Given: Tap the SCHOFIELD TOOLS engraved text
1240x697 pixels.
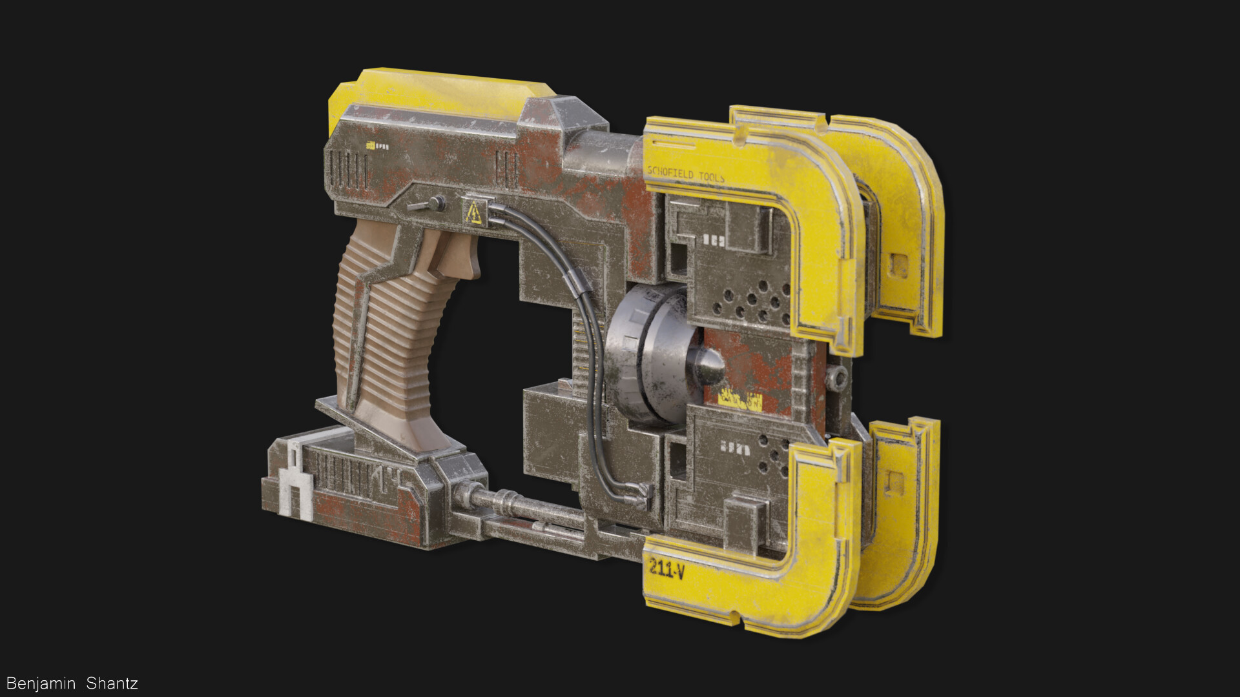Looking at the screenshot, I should pos(685,174).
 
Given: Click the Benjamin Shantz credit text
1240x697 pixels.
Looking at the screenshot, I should pos(72,683).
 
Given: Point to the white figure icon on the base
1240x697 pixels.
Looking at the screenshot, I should pos(296,484).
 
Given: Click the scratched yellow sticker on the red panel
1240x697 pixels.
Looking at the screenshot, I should pos(740,401).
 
